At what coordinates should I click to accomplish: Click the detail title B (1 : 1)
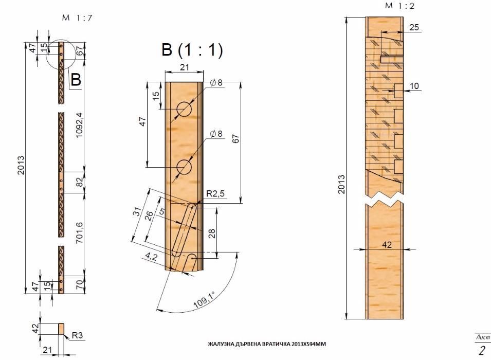[192, 50]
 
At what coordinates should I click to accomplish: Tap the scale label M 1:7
[77, 18]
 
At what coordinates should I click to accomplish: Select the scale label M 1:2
[399, 6]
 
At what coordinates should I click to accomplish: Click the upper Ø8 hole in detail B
[184, 110]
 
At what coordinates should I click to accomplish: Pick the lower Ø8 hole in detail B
[184, 167]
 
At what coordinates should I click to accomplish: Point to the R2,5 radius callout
[215, 194]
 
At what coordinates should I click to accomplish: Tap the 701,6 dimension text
[79, 232]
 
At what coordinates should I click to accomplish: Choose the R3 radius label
[77, 335]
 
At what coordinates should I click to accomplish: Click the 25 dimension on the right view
[414, 27]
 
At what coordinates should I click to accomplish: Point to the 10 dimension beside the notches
[414, 86]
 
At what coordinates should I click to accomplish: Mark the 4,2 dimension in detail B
[151, 257]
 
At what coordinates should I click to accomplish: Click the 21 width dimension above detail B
[184, 67]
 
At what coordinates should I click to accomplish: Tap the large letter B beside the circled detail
[76, 79]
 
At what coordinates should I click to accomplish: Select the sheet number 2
[482, 350]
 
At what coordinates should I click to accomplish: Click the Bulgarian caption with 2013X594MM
[267, 344]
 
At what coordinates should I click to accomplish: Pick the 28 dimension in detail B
[212, 233]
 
